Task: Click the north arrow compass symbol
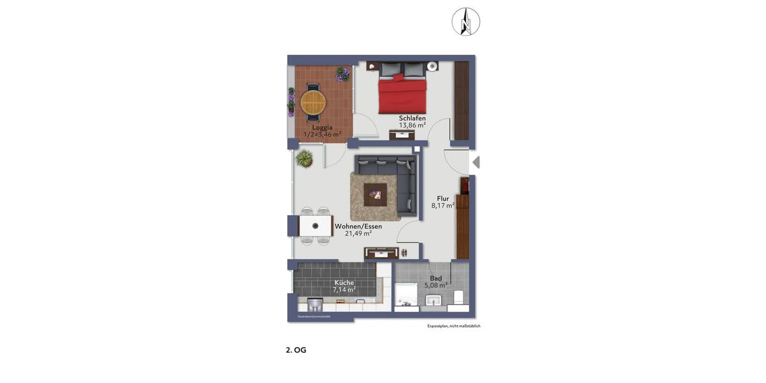466,22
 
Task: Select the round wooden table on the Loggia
313,101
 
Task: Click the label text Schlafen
412,118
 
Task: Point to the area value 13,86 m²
412,126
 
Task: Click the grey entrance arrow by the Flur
476,163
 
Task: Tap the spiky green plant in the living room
304,158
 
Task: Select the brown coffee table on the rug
375,195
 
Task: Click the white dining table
315,226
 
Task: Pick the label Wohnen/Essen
358,226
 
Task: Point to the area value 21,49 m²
358,234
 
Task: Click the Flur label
443,199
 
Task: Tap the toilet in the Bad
458,298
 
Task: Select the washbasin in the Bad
433,301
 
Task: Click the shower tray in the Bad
405,296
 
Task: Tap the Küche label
344,283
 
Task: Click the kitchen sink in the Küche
315,304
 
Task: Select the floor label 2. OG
296,350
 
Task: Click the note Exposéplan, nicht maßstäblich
454,326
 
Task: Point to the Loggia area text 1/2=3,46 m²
322,135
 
